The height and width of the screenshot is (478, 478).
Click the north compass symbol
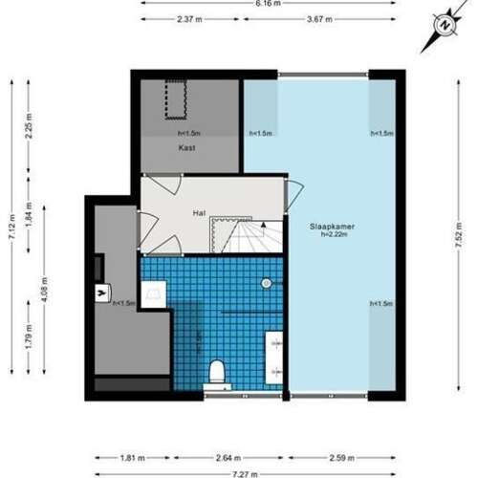pyautogui.click(x=443, y=26)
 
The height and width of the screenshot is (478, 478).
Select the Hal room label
pyautogui.click(x=199, y=213)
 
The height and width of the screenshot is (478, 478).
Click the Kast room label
pyautogui.click(x=187, y=148)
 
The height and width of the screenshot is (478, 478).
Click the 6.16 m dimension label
pyautogui.click(x=268, y=3)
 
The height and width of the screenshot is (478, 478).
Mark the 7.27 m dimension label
pyautogui.click(x=248, y=472)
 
